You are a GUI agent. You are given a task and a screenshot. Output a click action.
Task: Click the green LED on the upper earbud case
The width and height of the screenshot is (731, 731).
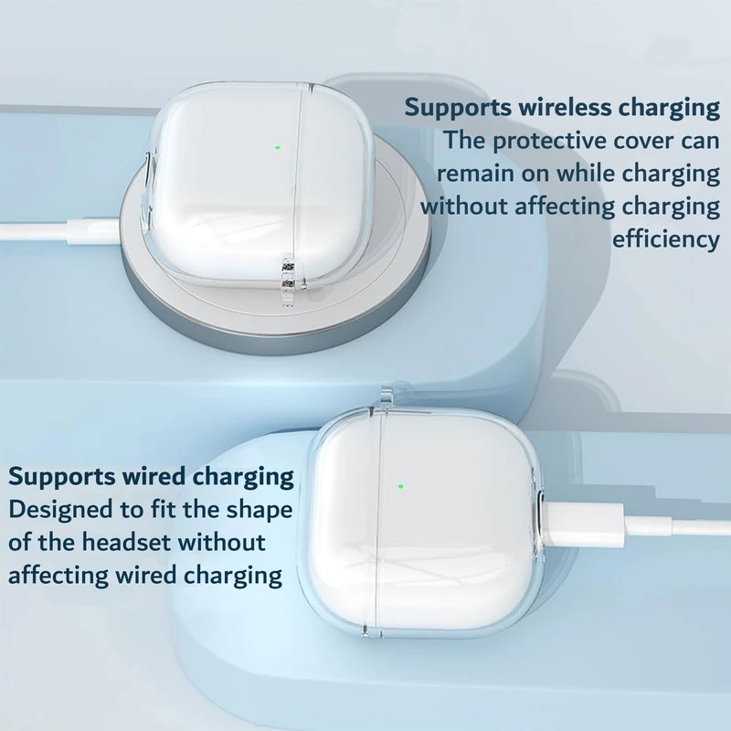(x=278, y=148)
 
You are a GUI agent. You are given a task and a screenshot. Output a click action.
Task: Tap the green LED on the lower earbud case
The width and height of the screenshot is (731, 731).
(x=400, y=487)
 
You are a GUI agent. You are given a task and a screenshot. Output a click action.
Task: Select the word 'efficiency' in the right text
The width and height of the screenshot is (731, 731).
(x=666, y=240)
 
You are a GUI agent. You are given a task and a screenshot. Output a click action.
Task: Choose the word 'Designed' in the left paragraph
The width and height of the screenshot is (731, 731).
(x=60, y=510)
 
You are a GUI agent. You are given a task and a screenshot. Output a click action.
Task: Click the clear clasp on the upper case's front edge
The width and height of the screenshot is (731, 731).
(x=289, y=281)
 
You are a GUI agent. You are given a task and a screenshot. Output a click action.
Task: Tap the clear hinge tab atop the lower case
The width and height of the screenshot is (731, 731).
(x=387, y=400)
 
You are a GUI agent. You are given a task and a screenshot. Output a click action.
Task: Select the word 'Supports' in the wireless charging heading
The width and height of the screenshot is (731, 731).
(x=458, y=108)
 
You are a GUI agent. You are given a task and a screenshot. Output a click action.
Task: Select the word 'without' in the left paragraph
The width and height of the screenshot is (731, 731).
(x=222, y=542)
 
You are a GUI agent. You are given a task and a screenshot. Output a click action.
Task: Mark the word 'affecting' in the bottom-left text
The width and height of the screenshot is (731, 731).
(x=58, y=576)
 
